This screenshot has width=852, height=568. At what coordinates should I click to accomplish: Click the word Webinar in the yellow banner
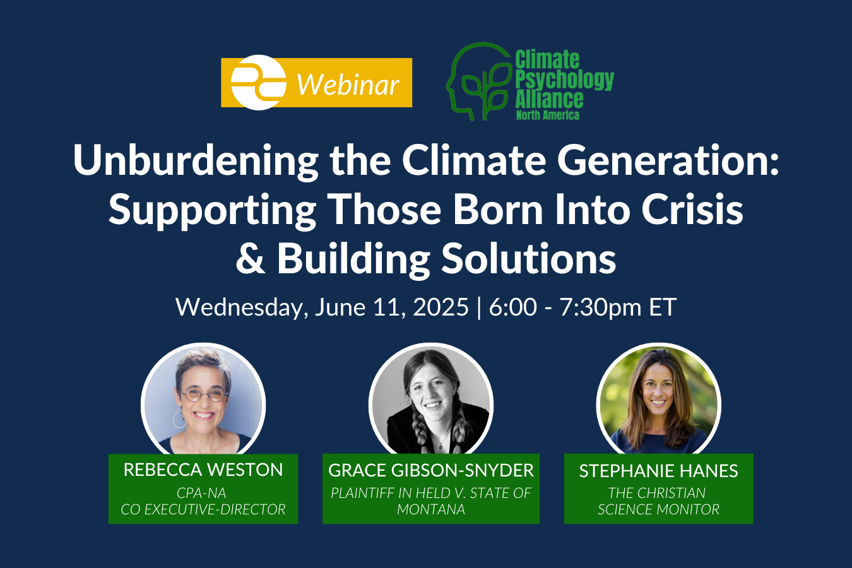pos(348,85)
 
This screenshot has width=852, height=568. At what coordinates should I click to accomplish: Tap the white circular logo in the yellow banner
pos(257,83)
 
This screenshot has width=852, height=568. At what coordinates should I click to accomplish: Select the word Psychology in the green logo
pos(564,80)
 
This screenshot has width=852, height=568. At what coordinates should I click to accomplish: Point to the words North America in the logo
pos(547,115)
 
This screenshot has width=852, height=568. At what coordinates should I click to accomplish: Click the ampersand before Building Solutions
pos(251,259)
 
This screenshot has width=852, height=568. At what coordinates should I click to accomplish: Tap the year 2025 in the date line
pos(441,307)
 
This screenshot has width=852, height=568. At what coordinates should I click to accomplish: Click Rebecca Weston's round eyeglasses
pos(203,395)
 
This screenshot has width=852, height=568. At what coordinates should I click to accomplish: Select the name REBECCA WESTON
pos(203,470)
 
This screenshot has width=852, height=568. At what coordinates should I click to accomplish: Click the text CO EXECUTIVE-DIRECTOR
pos(203,509)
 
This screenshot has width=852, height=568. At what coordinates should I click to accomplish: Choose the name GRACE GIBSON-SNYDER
pos(431,470)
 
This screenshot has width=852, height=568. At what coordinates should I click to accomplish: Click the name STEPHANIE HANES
pos(658,471)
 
